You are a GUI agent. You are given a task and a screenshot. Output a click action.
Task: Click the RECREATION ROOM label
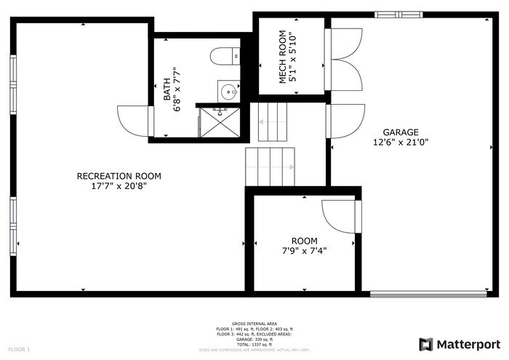pos(119,176)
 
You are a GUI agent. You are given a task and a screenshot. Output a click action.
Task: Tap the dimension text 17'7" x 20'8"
pos(119,186)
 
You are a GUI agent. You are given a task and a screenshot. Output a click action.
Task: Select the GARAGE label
pos(402,132)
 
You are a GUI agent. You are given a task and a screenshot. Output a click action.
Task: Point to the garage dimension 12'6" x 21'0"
pos(402,143)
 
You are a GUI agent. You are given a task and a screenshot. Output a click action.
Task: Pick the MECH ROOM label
pos(282,57)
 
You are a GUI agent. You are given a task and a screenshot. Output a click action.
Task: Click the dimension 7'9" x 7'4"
pos(304,251)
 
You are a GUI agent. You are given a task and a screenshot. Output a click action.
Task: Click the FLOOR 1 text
pos(19,350)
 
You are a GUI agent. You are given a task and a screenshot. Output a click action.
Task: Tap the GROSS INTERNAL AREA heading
pos(254,324)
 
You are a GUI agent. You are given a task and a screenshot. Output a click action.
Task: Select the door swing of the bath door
pos(134,121)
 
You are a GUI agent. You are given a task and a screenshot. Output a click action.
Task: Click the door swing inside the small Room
pos(338,217)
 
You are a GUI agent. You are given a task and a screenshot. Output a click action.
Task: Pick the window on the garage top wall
pos(398,13)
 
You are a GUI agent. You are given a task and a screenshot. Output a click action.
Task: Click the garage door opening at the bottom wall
pos(429,295)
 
